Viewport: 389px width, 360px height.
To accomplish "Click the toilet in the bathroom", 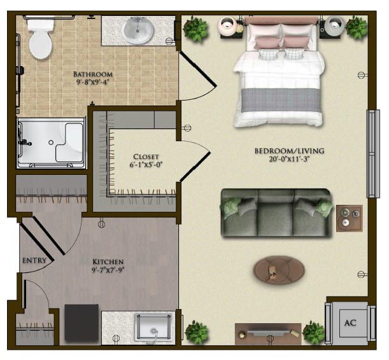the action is click(41, 38).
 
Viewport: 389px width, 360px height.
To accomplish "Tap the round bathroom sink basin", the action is click(138, 31).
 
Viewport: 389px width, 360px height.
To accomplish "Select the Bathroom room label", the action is click(93, 74).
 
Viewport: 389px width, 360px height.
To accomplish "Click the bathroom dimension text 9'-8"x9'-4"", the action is click(93, 82).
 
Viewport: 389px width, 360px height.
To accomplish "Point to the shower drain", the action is click(51, 142).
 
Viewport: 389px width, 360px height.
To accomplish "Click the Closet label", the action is click(146, 156).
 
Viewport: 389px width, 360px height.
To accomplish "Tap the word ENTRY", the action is click(34, 260).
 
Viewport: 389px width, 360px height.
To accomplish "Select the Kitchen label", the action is click(108, 261).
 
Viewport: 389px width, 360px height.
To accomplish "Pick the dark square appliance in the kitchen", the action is click(81, 323).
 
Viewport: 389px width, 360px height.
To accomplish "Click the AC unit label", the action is click(350, 322).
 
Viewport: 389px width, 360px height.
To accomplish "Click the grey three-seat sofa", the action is click(276, 213).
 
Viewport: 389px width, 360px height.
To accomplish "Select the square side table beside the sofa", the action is click(350, 218).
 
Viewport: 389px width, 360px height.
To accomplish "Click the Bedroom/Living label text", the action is click(289, 151).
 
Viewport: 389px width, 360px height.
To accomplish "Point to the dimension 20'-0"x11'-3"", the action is click(289, 159).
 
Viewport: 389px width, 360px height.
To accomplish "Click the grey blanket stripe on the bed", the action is click(281, 100).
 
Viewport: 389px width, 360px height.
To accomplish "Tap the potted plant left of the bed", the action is click(195, 29).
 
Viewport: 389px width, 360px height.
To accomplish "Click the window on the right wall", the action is click(373, 154).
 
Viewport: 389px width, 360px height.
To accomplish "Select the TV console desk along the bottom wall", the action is click(268, 334).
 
